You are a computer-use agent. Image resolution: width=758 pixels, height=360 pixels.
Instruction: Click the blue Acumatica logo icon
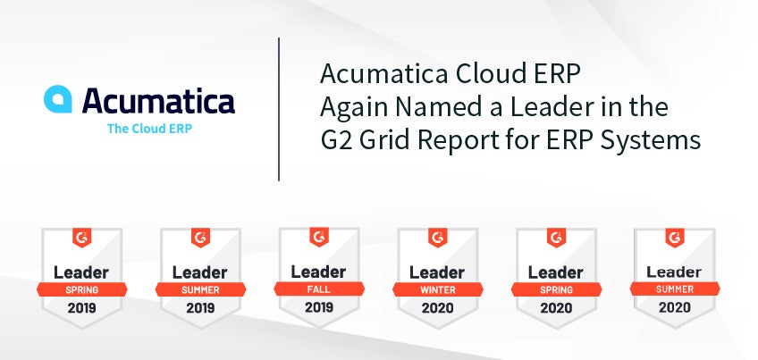[x=58, y=99]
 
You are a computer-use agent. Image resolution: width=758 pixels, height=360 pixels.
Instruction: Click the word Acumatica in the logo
[x=158, y=100]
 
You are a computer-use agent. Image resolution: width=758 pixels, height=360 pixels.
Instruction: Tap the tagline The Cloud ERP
[x=149, y=129]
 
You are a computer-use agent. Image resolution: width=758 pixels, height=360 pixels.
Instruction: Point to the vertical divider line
[x=279, y=109]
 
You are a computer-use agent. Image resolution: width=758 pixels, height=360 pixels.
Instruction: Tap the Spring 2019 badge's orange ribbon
[x=81, y=290]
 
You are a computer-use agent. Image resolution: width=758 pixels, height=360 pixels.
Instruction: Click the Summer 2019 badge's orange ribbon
[x=200, y=290]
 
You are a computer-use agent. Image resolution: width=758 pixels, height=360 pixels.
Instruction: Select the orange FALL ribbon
[x=319, y=289]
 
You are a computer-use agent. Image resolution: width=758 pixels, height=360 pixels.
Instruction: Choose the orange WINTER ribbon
[x=437, y=290]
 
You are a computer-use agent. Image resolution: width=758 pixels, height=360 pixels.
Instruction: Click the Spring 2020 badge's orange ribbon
[x=556, y=290]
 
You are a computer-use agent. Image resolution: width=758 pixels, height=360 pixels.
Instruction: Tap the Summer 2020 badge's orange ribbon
[x=675, y=289]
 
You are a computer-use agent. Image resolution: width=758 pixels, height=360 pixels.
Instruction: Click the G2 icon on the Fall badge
[x=319, y=238]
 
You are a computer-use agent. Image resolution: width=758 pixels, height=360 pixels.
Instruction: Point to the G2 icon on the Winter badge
[x=437, y=239]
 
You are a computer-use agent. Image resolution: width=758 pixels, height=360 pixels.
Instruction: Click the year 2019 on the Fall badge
[x=319, y=307]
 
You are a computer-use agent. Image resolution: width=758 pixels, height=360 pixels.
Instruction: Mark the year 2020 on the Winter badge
[x=437, y=308]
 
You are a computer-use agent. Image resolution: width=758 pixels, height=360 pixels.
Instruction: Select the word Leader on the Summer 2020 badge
[x=675, y=272]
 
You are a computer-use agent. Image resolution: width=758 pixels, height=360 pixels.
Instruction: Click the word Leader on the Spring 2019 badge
[x=81, y=272]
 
